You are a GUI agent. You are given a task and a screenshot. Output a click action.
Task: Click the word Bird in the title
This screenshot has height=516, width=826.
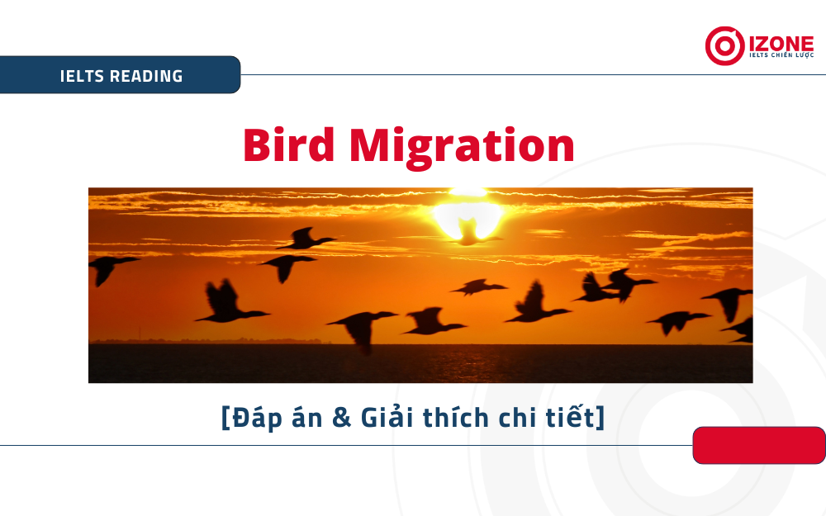[x=288, y=144]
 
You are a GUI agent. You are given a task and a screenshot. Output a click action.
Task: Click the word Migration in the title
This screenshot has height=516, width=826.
[x=462, y=148]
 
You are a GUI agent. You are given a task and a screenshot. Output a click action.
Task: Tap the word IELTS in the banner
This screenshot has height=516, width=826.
[x=82, y=76]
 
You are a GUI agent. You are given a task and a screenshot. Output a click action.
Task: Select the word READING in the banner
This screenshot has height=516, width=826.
[x=146, y=76]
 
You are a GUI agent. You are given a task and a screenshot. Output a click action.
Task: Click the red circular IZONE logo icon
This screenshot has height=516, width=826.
[x=725, y=45]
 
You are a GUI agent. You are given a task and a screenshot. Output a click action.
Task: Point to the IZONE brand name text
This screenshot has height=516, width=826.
[x=781, y=43]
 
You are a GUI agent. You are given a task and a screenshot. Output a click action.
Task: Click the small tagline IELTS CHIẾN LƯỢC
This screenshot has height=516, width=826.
[x=781, y=54]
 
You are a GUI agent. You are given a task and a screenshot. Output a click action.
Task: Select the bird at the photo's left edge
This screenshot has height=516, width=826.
[x=110, y=267]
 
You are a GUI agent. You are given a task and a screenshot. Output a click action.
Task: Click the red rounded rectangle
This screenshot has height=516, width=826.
[x=759, y=446]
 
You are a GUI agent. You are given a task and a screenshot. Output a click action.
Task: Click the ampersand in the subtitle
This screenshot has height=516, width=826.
[x=342, y=418]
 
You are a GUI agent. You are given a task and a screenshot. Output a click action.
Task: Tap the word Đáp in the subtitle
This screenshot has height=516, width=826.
[x=257, y=418]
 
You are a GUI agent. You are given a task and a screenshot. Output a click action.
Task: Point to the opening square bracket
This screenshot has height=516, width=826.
[x=225, y=418]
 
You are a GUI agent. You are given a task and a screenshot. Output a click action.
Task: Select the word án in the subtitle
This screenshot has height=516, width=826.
[x=307, y=417]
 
